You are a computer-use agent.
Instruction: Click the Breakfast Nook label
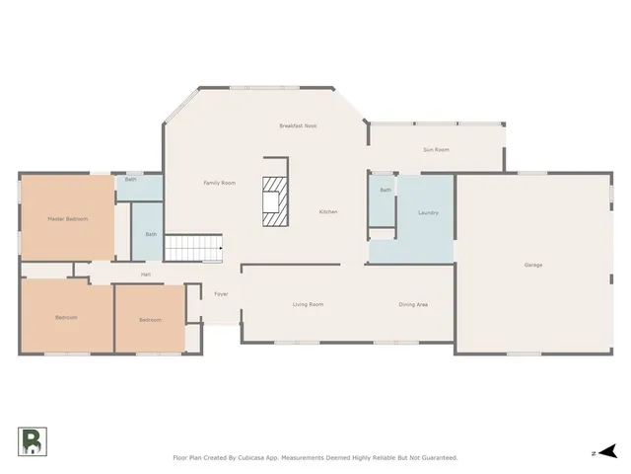pos(297,125)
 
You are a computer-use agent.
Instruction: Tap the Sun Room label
pos(436,149)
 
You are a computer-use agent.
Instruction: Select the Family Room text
pos(219,183)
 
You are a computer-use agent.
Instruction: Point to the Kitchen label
pos(328,212)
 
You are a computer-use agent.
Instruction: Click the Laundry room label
pos(428,212)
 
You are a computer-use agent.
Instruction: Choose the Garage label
pos(532,265)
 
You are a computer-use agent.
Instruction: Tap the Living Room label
pos(308,304)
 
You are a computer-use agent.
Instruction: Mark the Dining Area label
pos(412,304)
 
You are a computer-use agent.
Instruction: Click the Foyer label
pos(222,294)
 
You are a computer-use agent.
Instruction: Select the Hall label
pos(146,274)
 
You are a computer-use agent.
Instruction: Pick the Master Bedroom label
pos(68,218)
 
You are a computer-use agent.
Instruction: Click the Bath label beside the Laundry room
pos(386,190)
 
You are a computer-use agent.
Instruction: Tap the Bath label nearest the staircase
pos(151,234)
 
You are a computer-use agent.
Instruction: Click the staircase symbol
pos(192,248)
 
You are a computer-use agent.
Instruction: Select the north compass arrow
pos(607,452)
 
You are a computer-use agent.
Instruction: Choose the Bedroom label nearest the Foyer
pos(150,320)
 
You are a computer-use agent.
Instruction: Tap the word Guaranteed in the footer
pos(436,458)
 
